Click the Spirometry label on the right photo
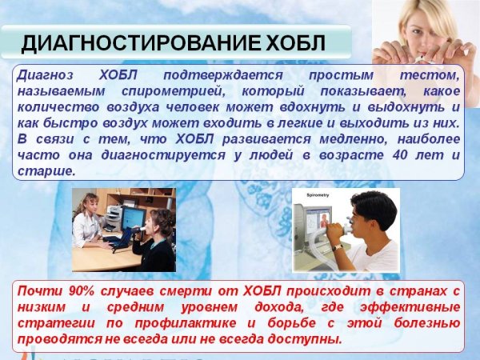coord(306,194)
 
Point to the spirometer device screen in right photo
coord(318,220)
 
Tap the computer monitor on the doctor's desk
coord(130,217)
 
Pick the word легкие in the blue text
coord(329,123)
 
